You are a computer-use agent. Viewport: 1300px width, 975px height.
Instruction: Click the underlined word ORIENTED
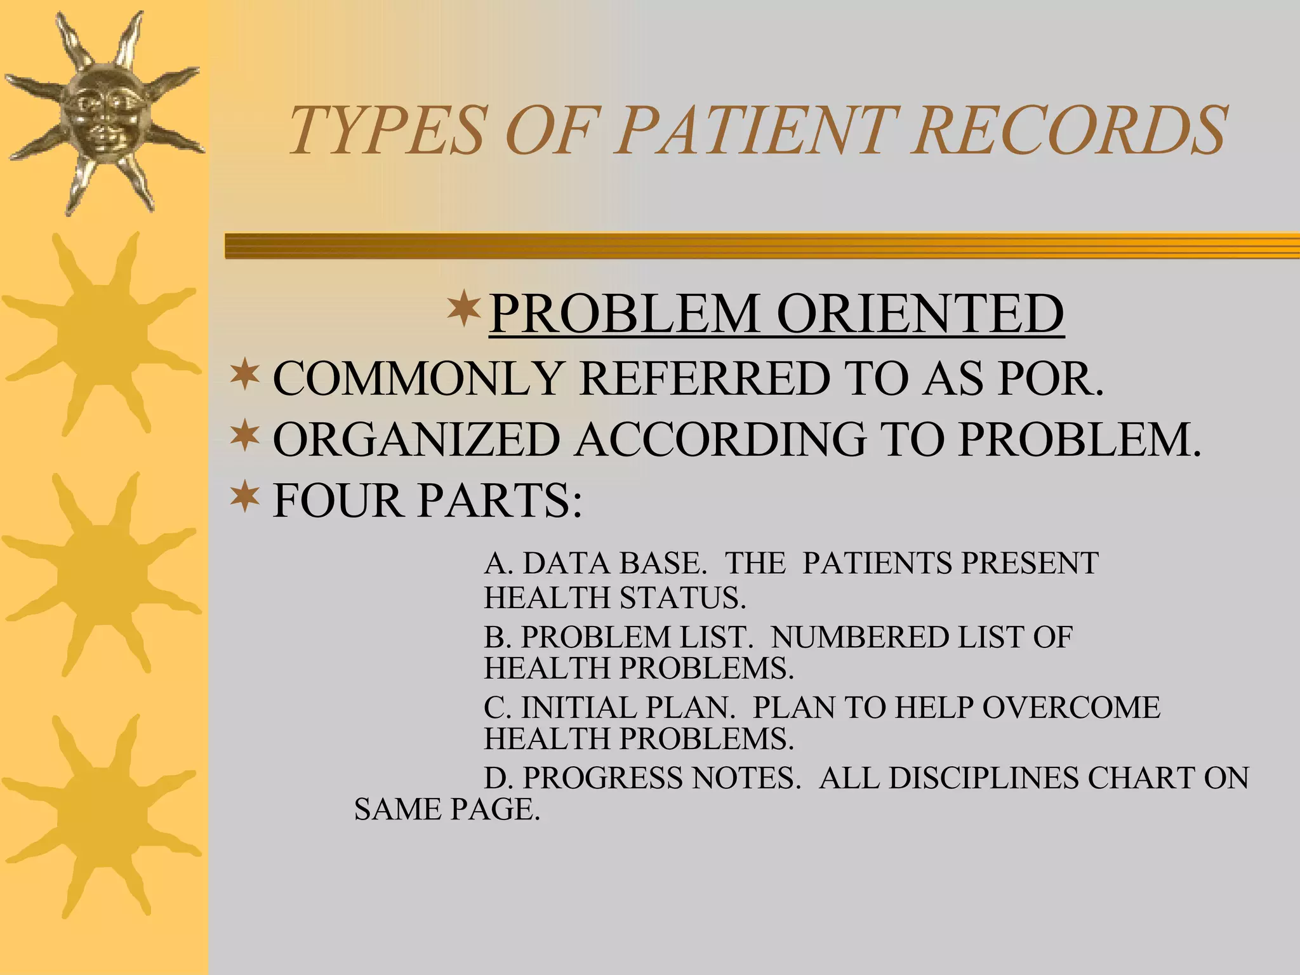click(920, 314)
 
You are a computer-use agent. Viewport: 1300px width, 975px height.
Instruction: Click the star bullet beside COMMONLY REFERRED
click(245, 376)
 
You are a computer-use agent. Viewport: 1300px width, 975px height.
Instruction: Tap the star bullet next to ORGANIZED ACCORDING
click(245, 437)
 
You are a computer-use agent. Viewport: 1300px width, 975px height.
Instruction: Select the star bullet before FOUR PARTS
click(245, 498)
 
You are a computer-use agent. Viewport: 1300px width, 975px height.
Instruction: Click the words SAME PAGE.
click(446, 809)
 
